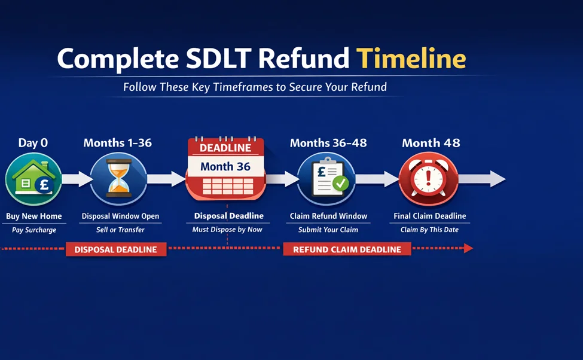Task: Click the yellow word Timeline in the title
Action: (x=411, y=59)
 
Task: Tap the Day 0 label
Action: (x=33, y=143)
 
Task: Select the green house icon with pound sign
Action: (x=33, y=178)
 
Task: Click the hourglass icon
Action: (x=118, y=178)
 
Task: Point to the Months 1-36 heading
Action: (x=118, y=143)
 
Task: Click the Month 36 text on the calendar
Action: (x=225, y=167)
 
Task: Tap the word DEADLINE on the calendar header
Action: (x=225, y=148)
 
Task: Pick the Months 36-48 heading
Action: (x=328, y=143)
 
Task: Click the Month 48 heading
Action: (x=431, y=143)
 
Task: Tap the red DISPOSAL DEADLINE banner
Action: (x=116, y=249)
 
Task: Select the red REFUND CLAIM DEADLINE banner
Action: (x=347, y=249)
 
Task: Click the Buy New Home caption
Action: (x=34, y=216)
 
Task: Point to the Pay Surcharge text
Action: (x=34, y=230)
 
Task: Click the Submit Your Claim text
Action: (x=328, y=230)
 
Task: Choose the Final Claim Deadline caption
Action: (x=429, y=216)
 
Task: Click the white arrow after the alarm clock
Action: (x=483, y=178)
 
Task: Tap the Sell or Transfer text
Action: (x=120, y=230)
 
